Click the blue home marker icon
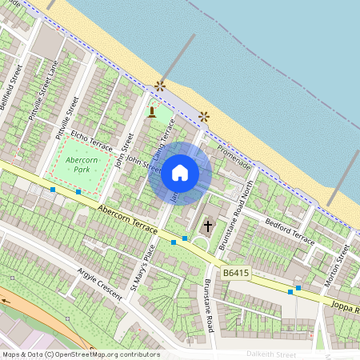pos(180,172)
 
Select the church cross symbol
pos(208,226)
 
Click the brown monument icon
pos(152,111)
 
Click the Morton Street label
pos(342,264)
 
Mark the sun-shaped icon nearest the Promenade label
pos(203,116)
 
